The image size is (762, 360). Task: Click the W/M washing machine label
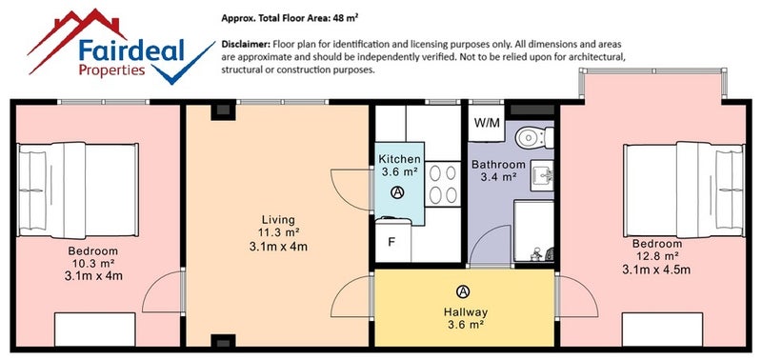click(487, 123)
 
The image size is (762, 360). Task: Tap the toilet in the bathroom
click(534, 137)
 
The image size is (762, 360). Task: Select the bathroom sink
click(542, 175)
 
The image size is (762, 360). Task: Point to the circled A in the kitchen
click(397, 193)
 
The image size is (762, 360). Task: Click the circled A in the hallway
click(463, 291)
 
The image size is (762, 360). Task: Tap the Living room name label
click(278, 220)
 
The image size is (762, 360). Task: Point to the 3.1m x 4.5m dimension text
click(656, 270)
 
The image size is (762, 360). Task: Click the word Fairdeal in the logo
click(131, 50)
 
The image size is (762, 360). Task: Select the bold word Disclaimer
click(246, 44)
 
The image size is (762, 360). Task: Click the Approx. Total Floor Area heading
click(291, 18)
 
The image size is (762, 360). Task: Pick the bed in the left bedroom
click(78, 190)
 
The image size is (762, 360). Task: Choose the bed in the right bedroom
click(684, 190)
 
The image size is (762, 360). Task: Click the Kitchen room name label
click(399, 159)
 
